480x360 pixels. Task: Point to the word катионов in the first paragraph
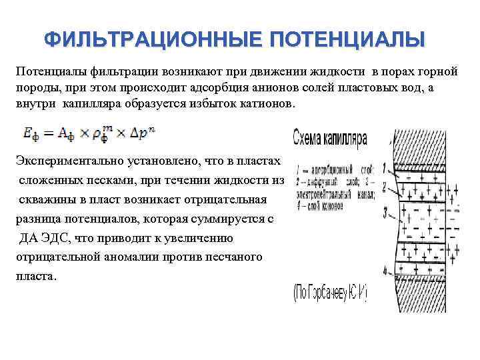tap(267, 105)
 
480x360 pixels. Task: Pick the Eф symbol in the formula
tap(30, 134)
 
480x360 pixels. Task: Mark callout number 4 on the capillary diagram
tap(385, 271)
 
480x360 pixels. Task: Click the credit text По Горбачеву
tap(331, 292)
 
